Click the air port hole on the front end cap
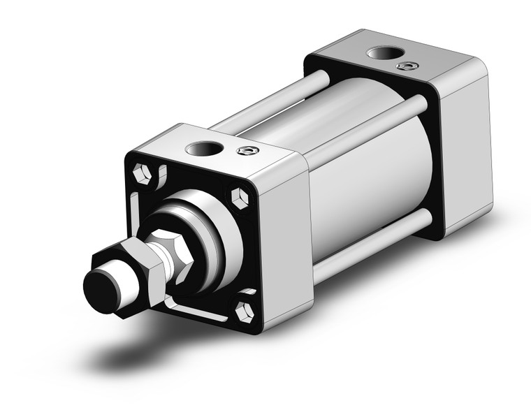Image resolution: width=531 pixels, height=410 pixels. [x=204, y=148]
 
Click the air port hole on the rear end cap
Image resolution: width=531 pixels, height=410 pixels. [x=381, y=53]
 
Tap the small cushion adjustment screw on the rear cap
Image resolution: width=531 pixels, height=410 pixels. [x=403, y=66]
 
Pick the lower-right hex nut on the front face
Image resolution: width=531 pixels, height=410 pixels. [x=244, y=311]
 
